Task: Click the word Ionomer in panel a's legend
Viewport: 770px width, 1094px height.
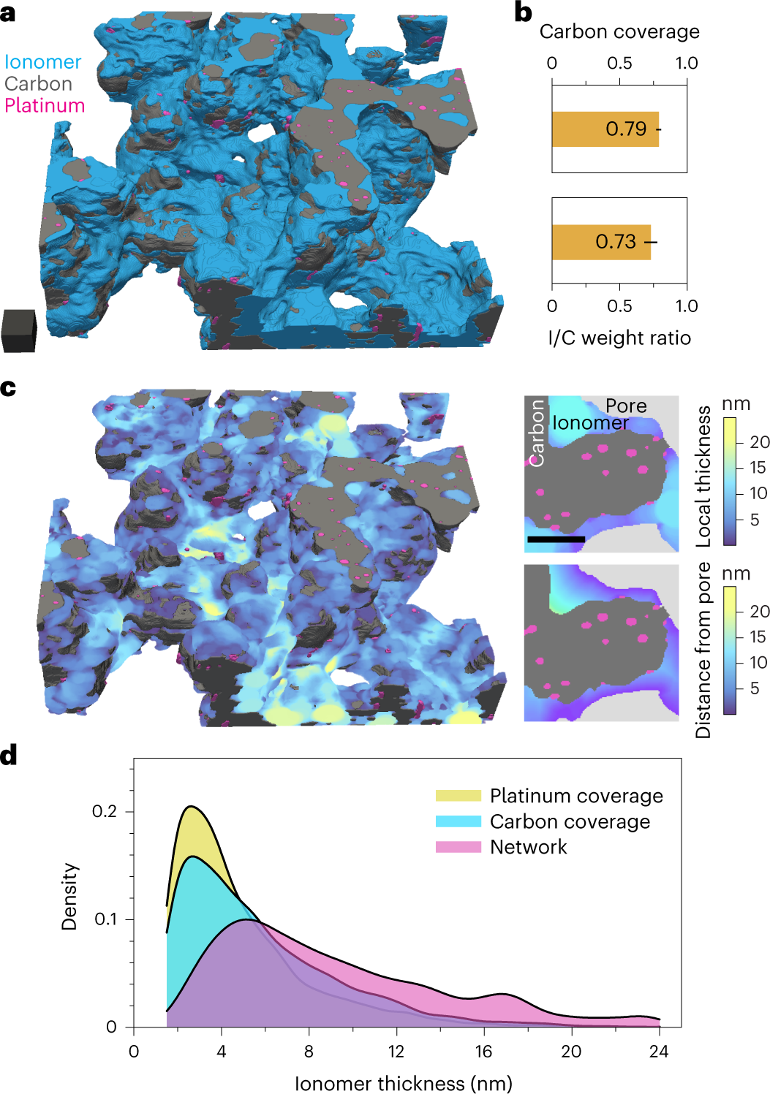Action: coord(42,62)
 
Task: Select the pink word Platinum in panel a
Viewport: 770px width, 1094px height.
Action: coord(45,106)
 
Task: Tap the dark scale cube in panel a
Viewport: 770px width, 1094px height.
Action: coord(19,330)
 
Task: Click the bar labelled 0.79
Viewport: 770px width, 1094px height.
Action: coord(605,129)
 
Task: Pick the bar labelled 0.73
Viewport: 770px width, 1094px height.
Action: coord(600,242)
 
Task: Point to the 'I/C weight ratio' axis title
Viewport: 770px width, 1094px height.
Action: coord(619,338)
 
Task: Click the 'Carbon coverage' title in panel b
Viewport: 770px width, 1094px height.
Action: coord(619,32)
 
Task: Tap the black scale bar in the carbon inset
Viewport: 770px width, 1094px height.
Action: coord(556,539)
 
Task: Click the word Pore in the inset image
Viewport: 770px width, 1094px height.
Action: coord(626,406)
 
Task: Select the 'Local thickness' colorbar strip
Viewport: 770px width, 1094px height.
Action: coord(730,481)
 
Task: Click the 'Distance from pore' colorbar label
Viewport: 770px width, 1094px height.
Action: coord(703,650)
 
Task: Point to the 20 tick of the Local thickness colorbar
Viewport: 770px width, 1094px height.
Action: coord(760,442)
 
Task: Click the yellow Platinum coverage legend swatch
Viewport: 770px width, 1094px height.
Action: coord(458,796)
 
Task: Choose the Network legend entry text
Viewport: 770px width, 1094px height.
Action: coord(528,847)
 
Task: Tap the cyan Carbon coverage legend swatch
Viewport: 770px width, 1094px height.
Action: coord(458,821)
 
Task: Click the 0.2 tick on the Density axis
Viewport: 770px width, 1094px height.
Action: coord(105,812)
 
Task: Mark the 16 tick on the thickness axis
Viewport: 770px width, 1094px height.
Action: coord(483,1052)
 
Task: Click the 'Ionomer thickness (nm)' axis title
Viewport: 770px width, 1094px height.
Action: coord(404,1083)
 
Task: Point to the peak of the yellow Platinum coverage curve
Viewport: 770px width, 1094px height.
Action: coord(192,807)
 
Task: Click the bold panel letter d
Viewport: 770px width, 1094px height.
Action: coord(9,755)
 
